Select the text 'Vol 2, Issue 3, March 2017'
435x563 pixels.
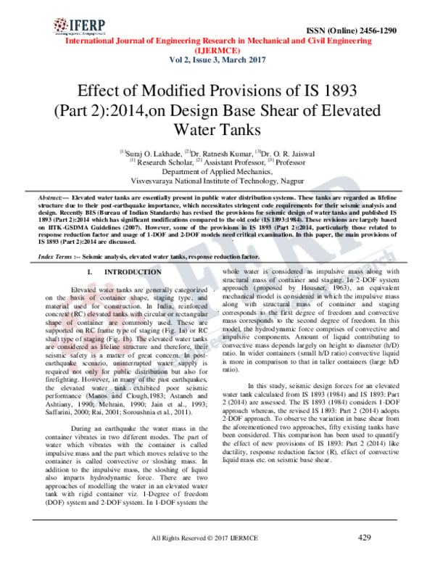coord(217,60)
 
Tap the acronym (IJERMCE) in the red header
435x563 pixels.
coord(217,51)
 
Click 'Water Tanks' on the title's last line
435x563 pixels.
coord(217,133)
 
